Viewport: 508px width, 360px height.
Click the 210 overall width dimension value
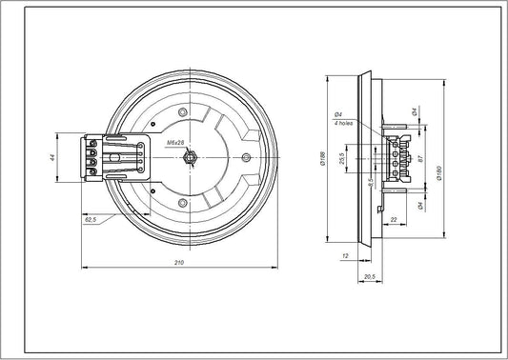(x=179, y=262)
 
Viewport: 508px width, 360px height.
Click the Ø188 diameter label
(x=326, y=158)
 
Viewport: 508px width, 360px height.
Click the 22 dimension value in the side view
(x=393, y=220)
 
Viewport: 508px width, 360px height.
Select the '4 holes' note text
(x=345, y=123)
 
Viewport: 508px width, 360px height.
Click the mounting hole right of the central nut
(x=245, y=155)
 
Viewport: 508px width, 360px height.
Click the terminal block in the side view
(x=399, y=156)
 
